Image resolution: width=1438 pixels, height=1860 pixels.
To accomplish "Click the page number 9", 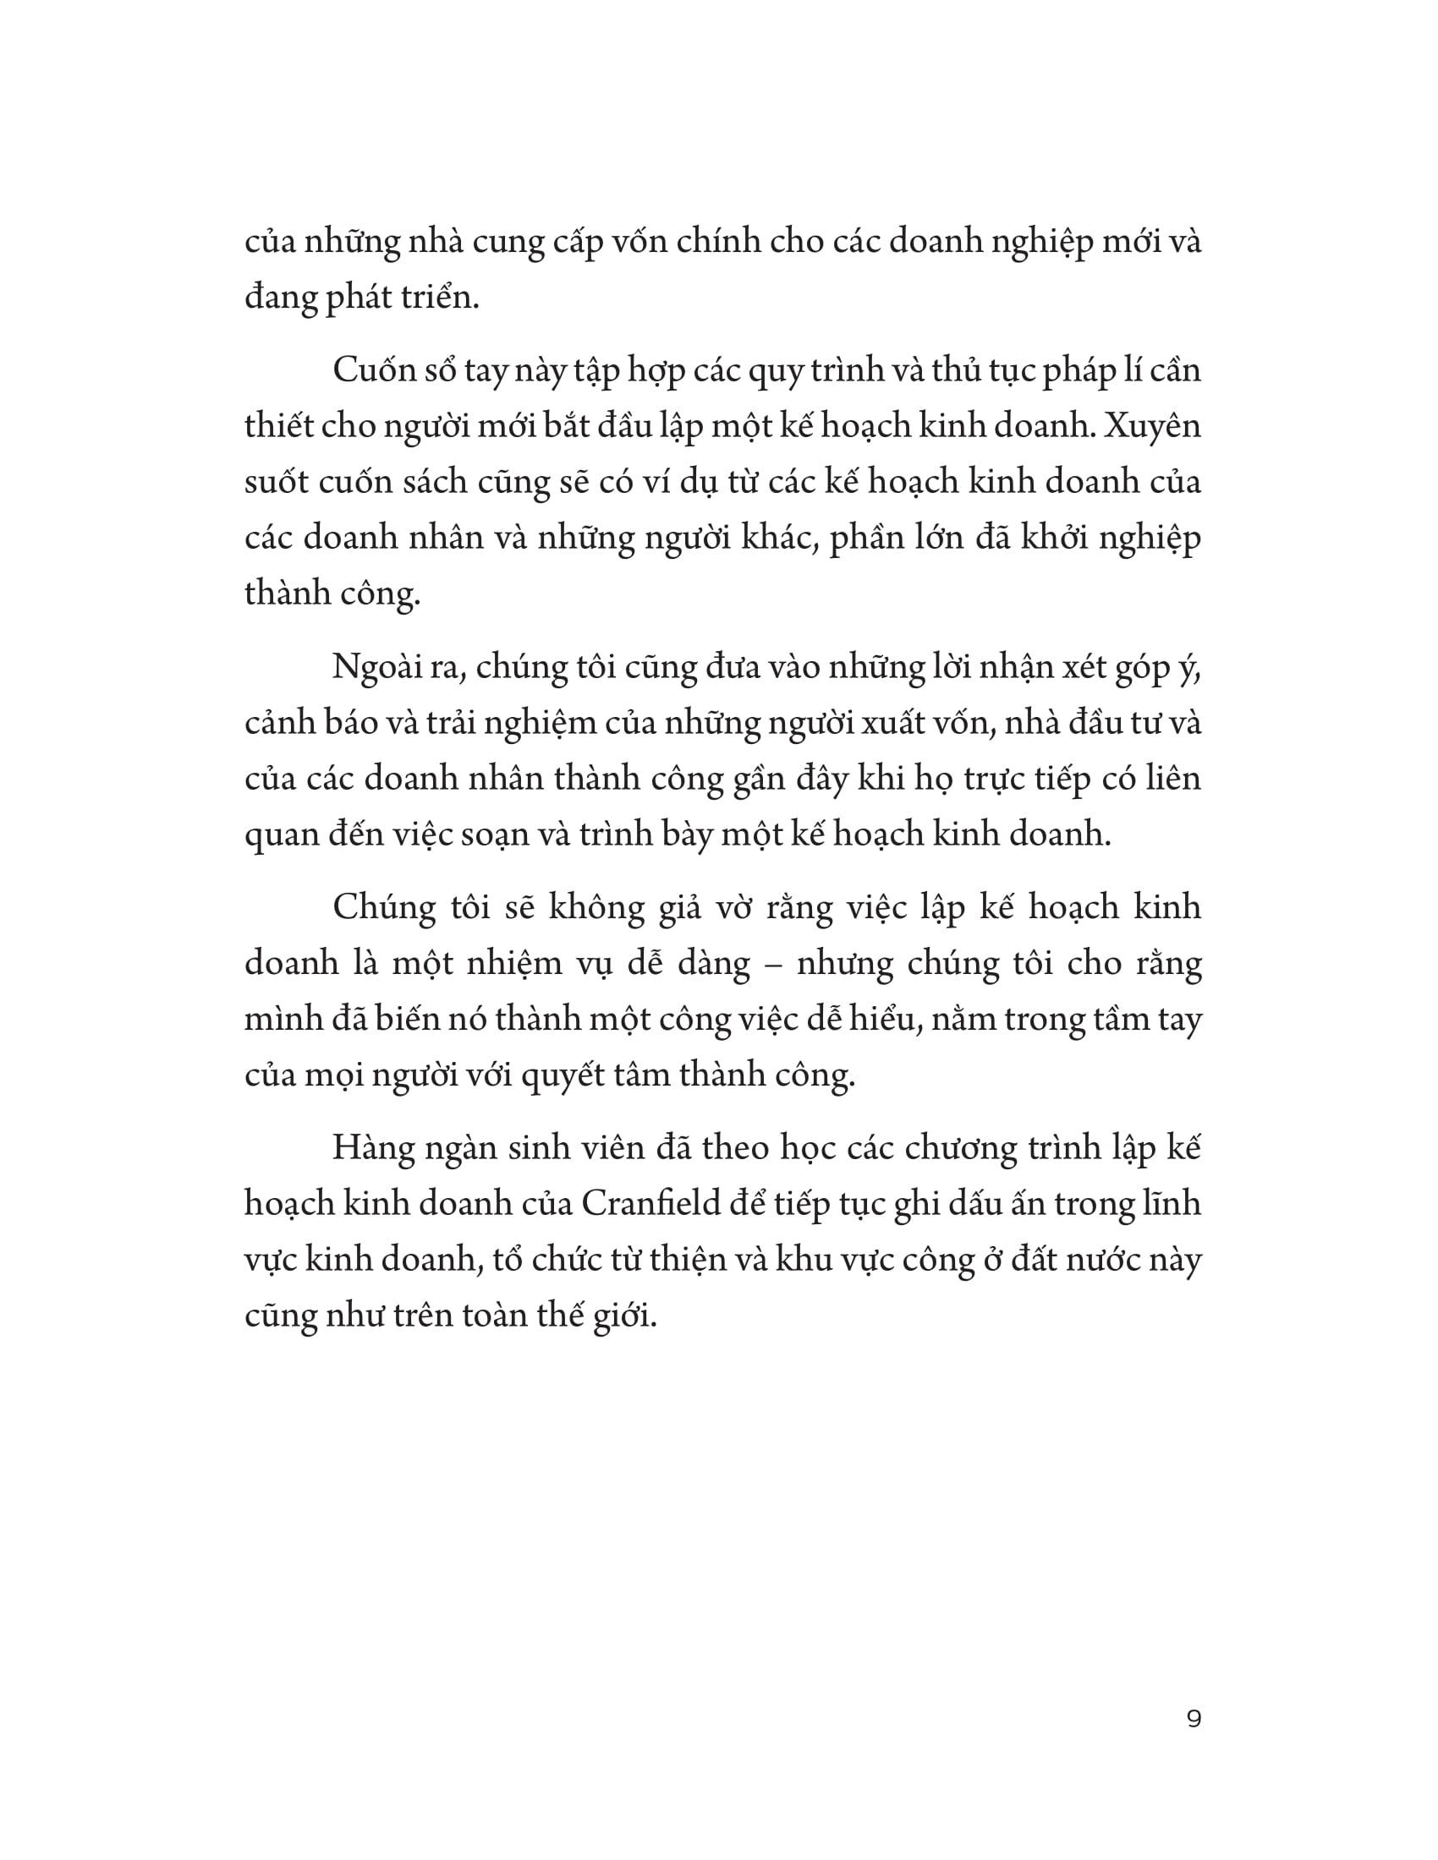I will click(1193, 1720).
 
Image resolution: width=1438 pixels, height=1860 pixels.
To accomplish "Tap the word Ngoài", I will click(380, 668).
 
